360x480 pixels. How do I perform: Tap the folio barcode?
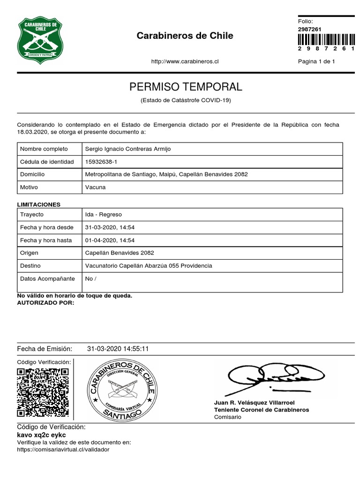click(x=326, y=39)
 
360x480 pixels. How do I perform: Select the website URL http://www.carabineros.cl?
click(x=185, y=61)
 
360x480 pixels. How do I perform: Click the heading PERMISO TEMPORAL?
click(x=186, y=87)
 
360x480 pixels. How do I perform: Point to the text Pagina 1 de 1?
click(x=316, y=61)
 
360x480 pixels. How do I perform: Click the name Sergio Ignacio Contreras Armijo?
click(x=128, y=149)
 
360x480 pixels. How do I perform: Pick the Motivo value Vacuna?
click(x=95, y=187)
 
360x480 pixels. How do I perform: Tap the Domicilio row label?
click(x=32, y=174)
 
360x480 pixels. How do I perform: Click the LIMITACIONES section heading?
click(x=39, y=205)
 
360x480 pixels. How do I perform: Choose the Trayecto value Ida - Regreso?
click(x=103, y=214)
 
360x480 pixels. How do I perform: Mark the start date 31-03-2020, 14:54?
click(x=110, y=227)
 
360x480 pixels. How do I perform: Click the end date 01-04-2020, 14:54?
click(x=110, y=240)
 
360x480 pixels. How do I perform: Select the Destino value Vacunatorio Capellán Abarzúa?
click(x=149, y=266)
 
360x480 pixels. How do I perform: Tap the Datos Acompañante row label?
click(x=47, y=278)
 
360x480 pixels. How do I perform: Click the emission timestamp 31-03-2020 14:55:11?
click(x=118, y=349)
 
